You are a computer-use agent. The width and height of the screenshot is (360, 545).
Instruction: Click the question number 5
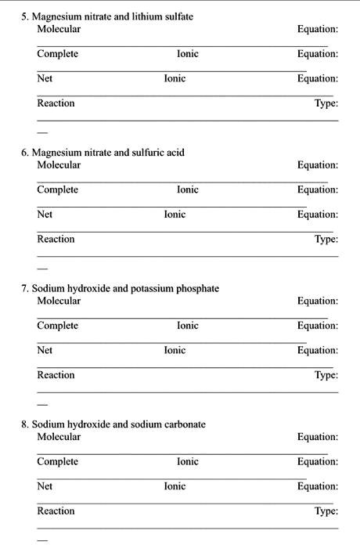point(25,16)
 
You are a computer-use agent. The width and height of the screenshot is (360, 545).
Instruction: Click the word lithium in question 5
point(128,16)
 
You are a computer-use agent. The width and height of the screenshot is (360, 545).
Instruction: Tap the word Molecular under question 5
point(59,29)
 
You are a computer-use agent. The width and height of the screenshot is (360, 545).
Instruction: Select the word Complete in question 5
point(57,54)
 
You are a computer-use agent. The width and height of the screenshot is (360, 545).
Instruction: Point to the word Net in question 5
point(45,78)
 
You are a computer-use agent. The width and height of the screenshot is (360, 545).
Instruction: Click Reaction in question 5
point(56,103)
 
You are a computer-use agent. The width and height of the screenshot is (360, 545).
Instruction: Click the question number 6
point(25,153)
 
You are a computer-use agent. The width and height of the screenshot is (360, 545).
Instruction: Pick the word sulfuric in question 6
point(146,153)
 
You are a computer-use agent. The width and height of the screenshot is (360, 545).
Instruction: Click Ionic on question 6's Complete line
point(188,189)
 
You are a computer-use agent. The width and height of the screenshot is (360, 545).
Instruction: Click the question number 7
point(25,288)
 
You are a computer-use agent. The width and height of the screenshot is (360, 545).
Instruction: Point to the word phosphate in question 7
point(199,288)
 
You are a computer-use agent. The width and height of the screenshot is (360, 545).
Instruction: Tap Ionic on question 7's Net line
point(175,350)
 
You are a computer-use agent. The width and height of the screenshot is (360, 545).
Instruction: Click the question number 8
point(25,424)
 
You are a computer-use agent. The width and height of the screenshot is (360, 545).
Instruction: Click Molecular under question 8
point(59,437)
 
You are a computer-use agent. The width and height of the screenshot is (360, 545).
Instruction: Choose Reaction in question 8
point(56,511)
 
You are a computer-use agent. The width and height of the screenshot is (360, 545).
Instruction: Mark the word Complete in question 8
point(57,461)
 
